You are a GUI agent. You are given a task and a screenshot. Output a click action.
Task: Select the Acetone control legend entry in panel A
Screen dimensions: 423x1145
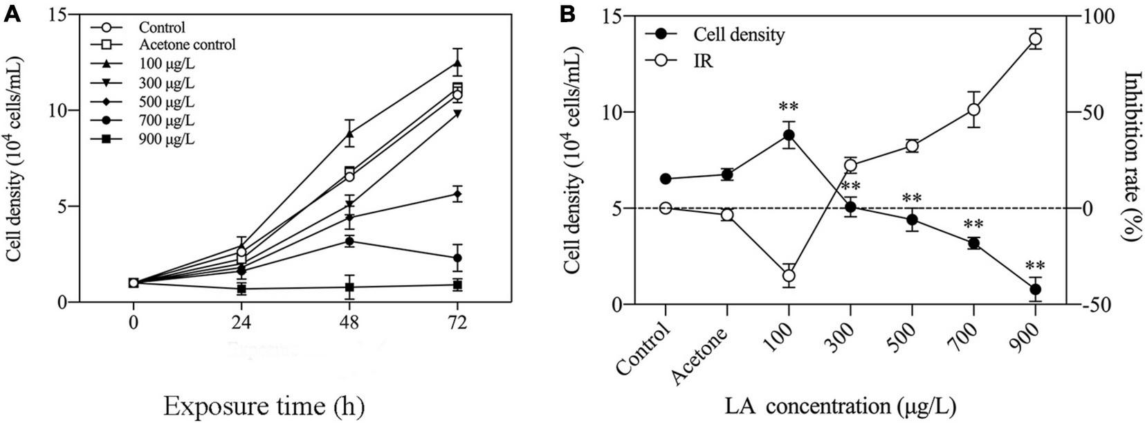pyautogui.click(x=187, y=44)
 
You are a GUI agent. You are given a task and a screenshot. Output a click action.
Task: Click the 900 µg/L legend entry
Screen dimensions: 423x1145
pyautogui.click(x=166, y=140)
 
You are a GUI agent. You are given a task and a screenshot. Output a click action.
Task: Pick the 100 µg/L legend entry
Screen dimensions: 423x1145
pyautogui.click(x=166, y=64)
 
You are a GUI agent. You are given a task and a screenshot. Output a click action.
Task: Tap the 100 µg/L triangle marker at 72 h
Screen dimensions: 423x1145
pyautogui.click(x=457, y=63)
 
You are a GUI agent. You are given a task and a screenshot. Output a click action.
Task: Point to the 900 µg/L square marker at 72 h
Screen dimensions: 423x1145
pyautogui.click(x=457, y=285)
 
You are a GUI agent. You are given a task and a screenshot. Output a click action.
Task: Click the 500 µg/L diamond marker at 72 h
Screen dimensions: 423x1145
pyautogui.click(x=457, y=195)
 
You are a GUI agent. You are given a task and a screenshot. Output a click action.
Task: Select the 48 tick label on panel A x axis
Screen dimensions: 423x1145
pyautogui.click(x=350, y=323)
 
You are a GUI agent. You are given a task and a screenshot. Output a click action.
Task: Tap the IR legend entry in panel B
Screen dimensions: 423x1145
pyautogui.click(x=699, y=61)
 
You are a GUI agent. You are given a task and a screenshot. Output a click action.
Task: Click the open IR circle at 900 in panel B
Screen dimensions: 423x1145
pyautogui.click(x=1035, y=39)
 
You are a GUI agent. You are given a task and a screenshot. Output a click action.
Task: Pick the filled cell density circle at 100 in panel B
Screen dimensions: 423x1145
pyautogui.click(x=789, y=135)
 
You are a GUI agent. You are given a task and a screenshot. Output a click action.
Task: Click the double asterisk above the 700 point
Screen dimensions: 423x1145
pyautogui.click(x=973, y=225)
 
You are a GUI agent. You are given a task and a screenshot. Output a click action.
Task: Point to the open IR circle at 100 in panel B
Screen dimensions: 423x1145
pyautogui.click(x=789, y=276)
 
